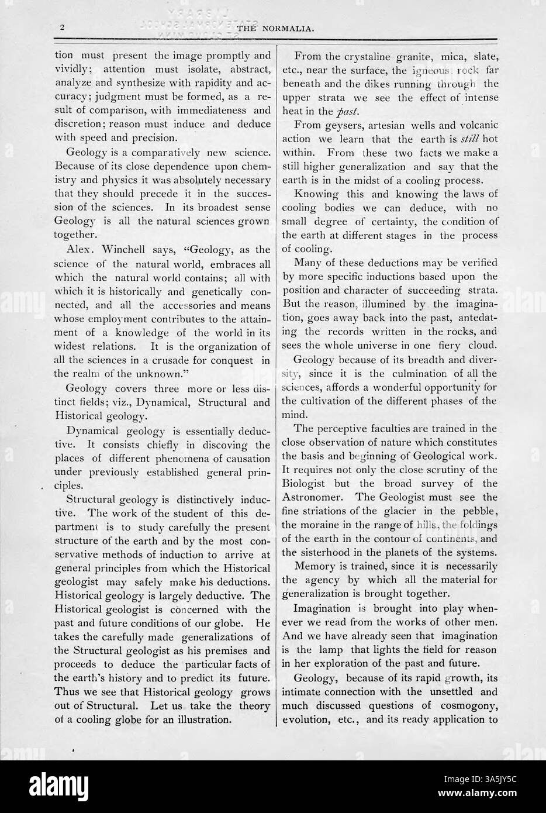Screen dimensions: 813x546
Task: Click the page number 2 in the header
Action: click(x=61, y=27)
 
